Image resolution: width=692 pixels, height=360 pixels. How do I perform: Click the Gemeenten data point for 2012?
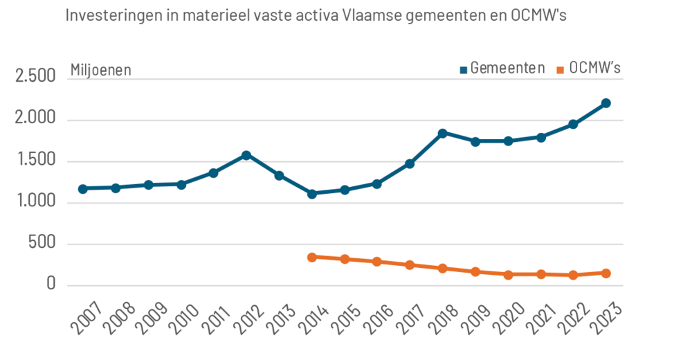(246, 155)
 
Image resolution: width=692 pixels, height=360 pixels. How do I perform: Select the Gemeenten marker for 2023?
(605, 103)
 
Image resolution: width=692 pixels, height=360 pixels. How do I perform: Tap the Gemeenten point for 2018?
(442, 133)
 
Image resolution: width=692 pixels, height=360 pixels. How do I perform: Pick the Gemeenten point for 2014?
(312, 194)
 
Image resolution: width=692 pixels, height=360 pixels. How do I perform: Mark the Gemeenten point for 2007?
(83, 188)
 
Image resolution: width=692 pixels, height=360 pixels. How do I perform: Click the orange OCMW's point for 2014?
(312, 257)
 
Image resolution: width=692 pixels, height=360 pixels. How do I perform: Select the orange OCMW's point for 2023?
(605, 273)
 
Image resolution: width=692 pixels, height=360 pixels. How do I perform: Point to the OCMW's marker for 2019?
(475, 271)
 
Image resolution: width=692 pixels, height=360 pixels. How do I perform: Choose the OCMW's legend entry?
(588, 68)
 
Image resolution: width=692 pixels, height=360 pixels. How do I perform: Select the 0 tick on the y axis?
(51, 284)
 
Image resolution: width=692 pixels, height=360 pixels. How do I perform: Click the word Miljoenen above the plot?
(100, 70)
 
